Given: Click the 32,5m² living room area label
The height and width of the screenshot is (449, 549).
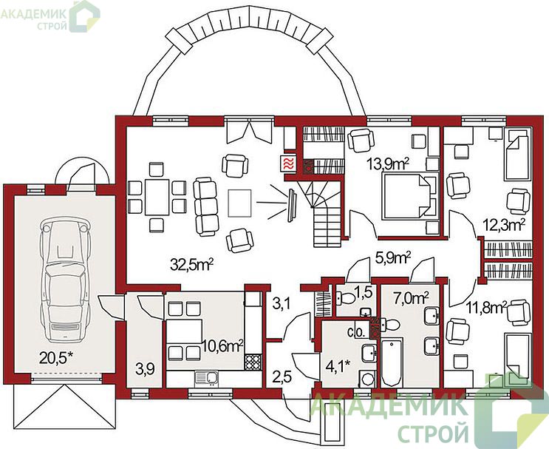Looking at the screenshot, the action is (191, 265).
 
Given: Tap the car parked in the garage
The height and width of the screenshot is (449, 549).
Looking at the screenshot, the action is (65, 280).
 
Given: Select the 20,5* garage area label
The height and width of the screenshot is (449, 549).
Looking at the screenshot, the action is (56, 358).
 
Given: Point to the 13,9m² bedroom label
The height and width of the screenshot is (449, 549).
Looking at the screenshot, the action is (388, 163).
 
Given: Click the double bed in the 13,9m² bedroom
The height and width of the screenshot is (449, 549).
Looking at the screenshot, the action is (409, 196).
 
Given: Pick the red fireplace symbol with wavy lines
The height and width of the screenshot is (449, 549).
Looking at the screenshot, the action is (288, 163).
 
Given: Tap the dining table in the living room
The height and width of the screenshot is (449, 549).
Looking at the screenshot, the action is (157, 197).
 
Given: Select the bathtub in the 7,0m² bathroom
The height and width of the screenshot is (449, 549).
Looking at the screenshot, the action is (392, 362).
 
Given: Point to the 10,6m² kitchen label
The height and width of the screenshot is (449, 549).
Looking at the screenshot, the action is (222, 346).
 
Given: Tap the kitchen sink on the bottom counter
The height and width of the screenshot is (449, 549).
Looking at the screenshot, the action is (207, 378).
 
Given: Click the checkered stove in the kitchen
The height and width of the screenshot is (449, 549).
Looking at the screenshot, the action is (253, 362).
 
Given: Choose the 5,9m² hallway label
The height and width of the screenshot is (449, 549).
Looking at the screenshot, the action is (393, 258).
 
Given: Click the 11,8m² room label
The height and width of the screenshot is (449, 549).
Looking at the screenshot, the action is (487, 308).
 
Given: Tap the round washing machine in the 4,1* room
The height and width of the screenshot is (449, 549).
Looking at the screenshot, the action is (368, 379).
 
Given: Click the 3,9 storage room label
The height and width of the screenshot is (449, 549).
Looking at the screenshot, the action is (146, 369).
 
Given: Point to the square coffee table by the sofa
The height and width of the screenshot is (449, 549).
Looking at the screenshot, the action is (240, 203).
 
